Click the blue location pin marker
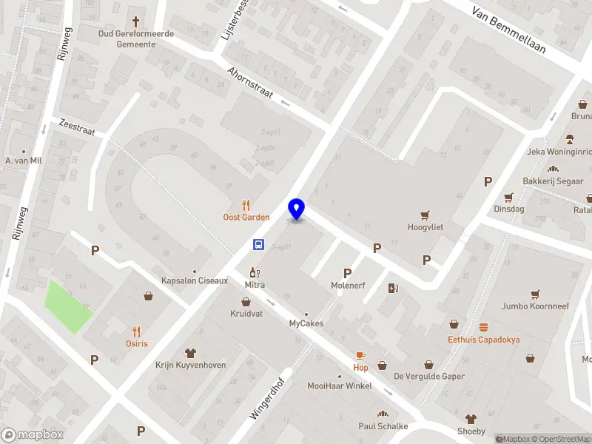click(296, 209)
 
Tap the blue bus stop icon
click(258, 244)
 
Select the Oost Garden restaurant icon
click(246, 205)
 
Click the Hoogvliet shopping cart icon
click(425, 215)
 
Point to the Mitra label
click(255, 284)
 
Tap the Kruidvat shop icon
click(246, 302)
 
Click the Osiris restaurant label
click(135, 343)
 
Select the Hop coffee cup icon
click(360, 356)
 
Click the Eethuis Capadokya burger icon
click(484, 327)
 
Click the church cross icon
click(135, 21)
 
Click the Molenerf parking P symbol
click(347, 273)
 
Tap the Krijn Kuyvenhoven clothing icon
click(190, 352)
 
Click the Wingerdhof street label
click(267, 394)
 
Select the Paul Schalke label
click(383, 425)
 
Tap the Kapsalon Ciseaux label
click(195, 280)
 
